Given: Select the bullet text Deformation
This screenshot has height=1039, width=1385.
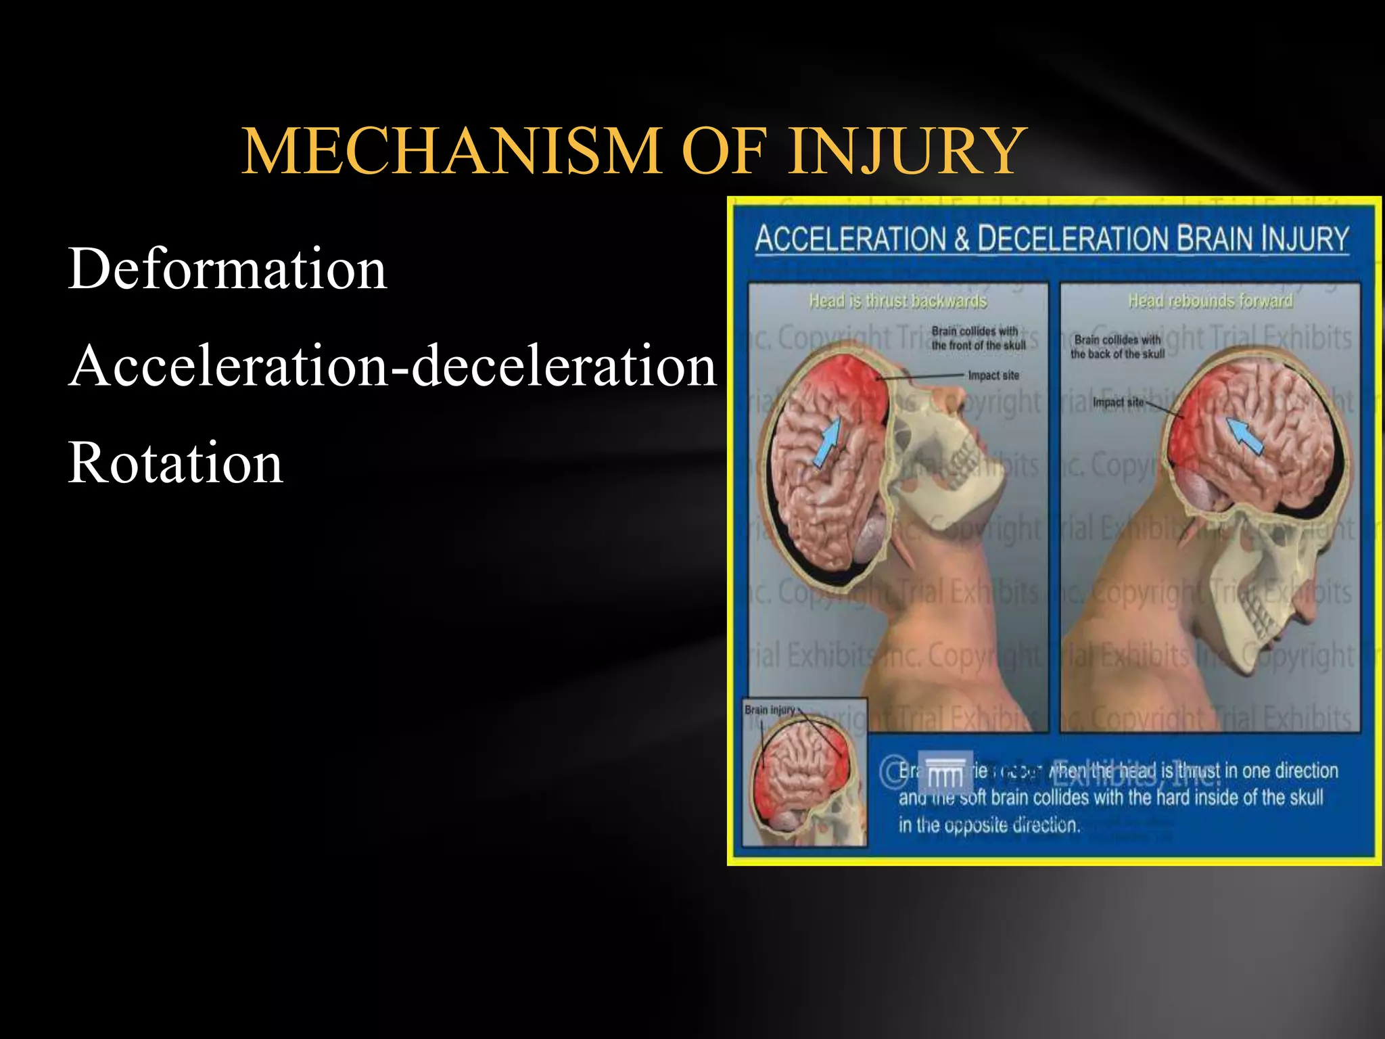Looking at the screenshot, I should point(227,269).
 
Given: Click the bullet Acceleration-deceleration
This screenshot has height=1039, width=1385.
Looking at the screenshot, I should point(392,366).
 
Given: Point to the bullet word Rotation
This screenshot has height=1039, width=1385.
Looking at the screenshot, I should point(176,463).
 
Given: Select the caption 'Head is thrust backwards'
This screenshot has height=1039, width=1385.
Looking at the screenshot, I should point(898,300).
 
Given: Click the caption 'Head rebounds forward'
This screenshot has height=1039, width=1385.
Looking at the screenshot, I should point(1210,300).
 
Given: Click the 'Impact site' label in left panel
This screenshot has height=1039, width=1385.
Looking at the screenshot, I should point(993,375).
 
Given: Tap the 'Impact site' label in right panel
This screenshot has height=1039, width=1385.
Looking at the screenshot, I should point(1118,402).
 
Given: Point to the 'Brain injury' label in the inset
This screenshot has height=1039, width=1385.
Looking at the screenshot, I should point(770,710).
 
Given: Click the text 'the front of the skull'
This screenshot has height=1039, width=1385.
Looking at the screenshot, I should point(979,345).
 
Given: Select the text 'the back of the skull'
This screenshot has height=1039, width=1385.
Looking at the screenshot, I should point(1117,354).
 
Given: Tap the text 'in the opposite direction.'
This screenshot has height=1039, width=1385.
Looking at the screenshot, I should point(989,825).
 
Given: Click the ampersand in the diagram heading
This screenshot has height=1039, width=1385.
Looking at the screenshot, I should point(961,239).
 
